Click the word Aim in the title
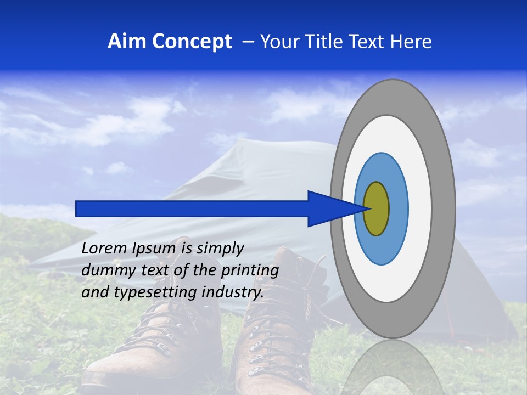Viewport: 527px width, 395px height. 127,42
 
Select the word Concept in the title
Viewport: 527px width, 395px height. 192,42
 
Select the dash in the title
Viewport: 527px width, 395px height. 248,42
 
